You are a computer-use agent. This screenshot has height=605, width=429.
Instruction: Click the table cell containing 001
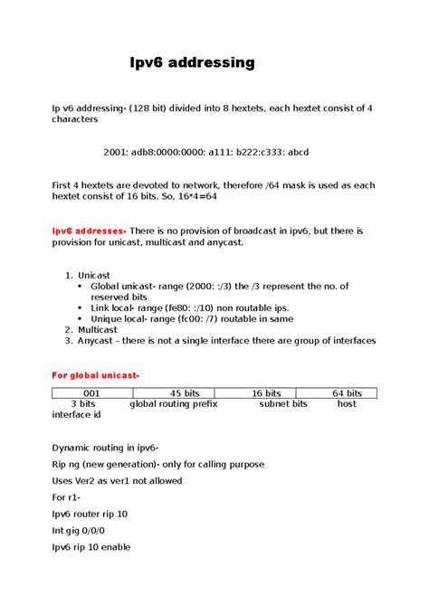pyautogui.click(x=91, y=393)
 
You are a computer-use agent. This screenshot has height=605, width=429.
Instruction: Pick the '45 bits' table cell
pyautogui.click(x=185, y=393)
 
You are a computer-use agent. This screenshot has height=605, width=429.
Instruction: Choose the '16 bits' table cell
pyautogui.click(x=266, y=393)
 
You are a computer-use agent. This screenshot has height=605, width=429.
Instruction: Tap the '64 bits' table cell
pyautogui.click(x=348, y=393)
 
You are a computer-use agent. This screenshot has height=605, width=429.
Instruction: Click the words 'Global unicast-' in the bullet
pyautogui.click(x=123, y=286)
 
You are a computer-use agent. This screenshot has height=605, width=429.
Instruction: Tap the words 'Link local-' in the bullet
pyautogui.click(x=115, y=308)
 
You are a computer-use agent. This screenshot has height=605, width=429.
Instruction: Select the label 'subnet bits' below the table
pyautogui.click(x=283, y=403)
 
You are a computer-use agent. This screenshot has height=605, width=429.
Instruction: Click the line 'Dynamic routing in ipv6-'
pyautogui.click(x=106, y=448)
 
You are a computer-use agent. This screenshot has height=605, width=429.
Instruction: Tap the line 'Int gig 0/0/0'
pyautogui.click(x=83, y=531)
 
